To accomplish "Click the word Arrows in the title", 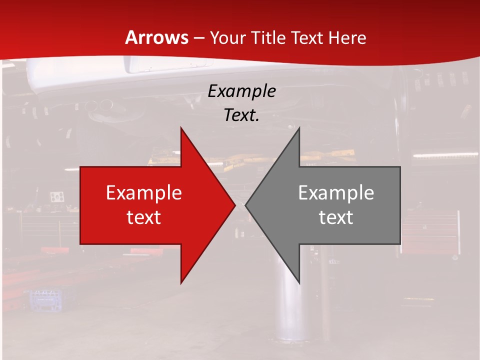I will click(156, 37).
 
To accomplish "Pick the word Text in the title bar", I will click(307, 37).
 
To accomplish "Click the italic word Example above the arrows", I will click(241, 91).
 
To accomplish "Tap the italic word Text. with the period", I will click(241, 115).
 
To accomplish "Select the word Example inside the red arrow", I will click(144, 193).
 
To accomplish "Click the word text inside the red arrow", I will click(144, 217).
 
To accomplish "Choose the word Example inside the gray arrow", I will click(336, 193).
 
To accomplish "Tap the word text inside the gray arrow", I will click(336, 217).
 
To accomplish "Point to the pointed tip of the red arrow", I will click(234, 205).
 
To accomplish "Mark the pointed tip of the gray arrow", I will click(246, 205).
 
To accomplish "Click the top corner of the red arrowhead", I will click(181, 128).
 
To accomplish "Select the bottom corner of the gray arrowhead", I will click(299, 283).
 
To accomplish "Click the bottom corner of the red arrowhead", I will click(181, 283).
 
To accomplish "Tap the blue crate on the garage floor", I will click(47, 300).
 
